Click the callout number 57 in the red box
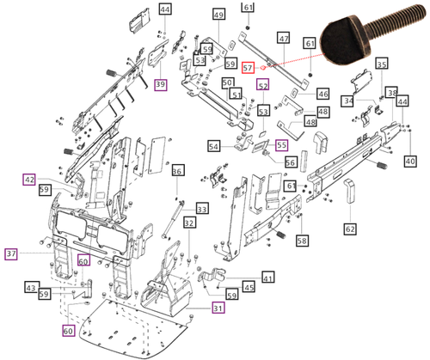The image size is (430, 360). pyautogui.click(x=249, y=66)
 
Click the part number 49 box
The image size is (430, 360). pyautogui.click(x=218, y=15)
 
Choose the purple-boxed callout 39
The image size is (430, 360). pyautogui.click(x=160, y=83)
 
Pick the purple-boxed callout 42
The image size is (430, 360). pyautogui.click(x=29, y=180)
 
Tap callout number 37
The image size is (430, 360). pyautogui.click(x=11, y=253)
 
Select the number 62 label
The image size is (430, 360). pyautogui.click(x=350, y=229)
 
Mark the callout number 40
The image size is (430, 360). pyautogui.click(x=410, y=161)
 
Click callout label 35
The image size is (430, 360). pyautogui.click(x=381, y=64)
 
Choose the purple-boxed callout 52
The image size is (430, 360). pyautogui.click(x=262, y=86)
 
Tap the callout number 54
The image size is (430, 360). pyautogui.click(x=213, y=147)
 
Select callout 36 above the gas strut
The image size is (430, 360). pyautogui.click(x=176, y=172)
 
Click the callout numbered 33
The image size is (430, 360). pyautogui.click(x=202, y=209)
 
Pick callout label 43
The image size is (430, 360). pyautogui.click(x=30, y=287)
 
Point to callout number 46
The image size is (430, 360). pyautogui.click(x=323, y=94)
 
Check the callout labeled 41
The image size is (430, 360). pyautogui.click(x=267, y=278)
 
